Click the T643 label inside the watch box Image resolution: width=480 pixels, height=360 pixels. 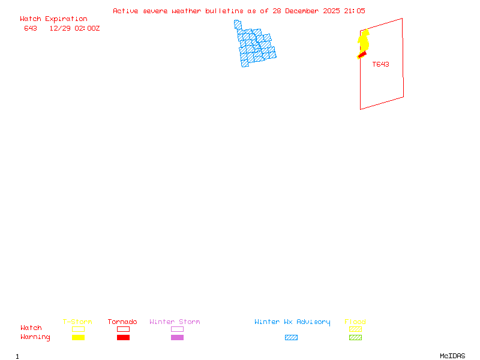380,64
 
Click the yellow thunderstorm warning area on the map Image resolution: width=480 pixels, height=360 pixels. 364,41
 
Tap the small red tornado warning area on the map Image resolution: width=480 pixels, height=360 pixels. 361,56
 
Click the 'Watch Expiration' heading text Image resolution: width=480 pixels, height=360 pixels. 53,19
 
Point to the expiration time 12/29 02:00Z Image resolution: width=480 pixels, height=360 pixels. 74,28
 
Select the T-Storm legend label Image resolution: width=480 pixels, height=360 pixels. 77,322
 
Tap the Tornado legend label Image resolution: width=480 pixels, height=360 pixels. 122,322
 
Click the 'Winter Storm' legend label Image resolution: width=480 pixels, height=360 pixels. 175,322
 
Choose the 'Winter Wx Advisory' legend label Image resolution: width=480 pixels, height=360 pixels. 292,322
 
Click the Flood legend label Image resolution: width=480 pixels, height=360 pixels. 355,322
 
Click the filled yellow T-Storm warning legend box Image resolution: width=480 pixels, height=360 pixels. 78,338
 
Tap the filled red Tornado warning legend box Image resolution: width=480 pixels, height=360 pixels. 123,338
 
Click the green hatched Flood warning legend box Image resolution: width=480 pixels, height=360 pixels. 355,338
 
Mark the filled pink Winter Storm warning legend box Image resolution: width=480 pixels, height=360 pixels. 177,338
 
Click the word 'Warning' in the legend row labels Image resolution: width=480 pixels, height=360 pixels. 35,337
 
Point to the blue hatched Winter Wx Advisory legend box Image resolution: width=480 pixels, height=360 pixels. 291,338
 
